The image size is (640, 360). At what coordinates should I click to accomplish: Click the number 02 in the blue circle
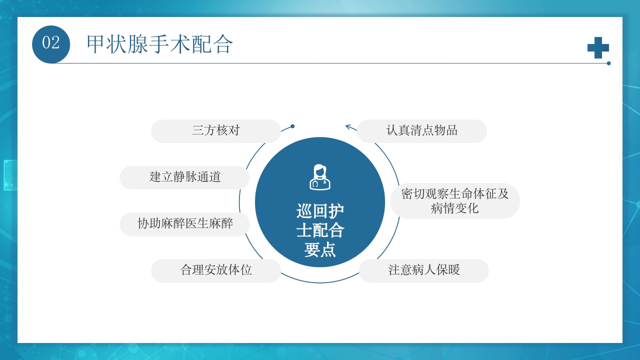tap(51, 43)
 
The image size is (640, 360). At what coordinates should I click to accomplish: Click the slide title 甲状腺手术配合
tap(159, 44)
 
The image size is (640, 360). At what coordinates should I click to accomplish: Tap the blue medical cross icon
tap(598, 48)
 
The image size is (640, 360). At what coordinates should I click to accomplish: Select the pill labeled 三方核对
tap(216, 131)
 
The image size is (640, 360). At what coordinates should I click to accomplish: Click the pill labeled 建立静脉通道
tap(184, 177)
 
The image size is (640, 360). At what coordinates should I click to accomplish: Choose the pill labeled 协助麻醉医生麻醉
tap(184, 223)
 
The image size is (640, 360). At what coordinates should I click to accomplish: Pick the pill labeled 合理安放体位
tap(216, 270)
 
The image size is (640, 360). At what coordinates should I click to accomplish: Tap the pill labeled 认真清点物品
tap(421, 131)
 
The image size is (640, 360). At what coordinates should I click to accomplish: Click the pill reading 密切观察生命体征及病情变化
tap(454, 201)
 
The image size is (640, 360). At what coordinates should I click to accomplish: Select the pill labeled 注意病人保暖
tap(423, 270)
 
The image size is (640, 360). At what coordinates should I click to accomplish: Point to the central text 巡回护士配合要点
tap(320, 230)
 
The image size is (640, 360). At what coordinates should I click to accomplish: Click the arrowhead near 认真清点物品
tap(348, 126)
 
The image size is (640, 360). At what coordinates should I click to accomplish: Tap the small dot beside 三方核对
tap(292, 126)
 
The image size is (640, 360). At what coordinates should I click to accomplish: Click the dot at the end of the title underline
tap(608, 63)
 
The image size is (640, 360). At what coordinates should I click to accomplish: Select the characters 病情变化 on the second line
tap(454, 208)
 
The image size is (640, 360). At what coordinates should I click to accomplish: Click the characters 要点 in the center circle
tap(320, 249)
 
